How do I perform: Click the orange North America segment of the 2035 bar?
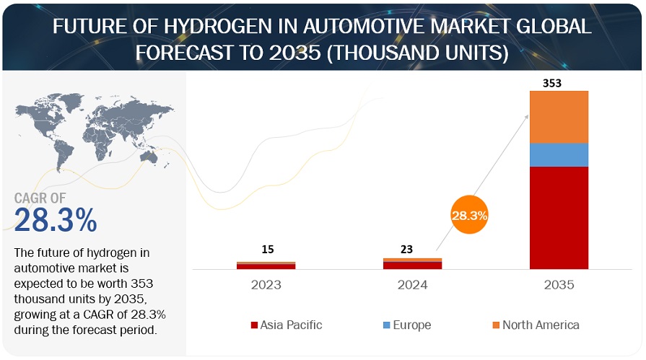559,117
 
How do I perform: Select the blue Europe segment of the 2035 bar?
559,155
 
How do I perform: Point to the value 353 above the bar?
551,83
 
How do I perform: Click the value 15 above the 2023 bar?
267,250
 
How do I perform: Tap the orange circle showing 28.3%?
470,215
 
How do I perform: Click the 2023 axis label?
266,285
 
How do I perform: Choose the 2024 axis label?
413,285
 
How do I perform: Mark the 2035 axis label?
559,285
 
